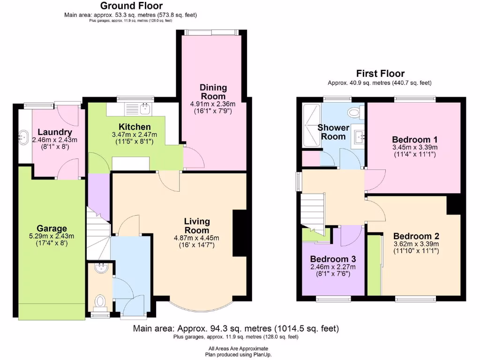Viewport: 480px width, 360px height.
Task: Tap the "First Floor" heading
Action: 380,74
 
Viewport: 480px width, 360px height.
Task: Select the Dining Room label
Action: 213,92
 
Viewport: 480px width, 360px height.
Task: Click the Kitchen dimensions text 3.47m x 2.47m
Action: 135,135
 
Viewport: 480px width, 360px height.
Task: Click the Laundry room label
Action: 55,133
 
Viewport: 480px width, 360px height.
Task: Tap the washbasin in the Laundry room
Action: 23,138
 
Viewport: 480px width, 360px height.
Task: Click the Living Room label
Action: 196,225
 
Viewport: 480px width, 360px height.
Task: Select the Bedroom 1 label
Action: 414,140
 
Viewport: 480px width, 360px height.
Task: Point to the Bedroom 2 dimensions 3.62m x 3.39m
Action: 416,244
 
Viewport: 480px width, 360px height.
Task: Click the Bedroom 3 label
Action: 333,259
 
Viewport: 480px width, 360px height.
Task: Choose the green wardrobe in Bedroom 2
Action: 374,265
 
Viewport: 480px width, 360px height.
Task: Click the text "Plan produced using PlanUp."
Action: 239,354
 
